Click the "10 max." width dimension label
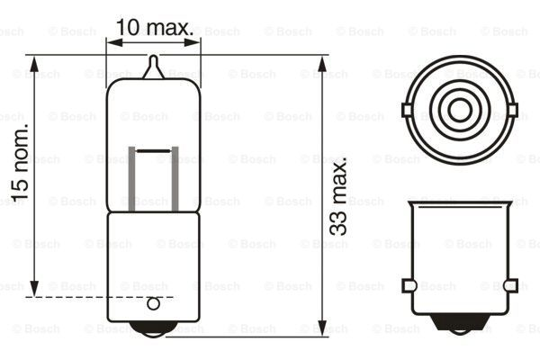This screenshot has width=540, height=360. click(x=155, y=27)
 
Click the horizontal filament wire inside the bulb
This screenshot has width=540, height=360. click(x=154, y=146)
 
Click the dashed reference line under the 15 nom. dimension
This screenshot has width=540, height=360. click(x=99, y=296)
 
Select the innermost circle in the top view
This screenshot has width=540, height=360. click(x=460, y=111)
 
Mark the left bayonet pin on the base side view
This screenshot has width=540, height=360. click(x=409, y=285)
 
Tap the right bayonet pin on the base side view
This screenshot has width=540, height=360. click(x=511, y=285)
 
